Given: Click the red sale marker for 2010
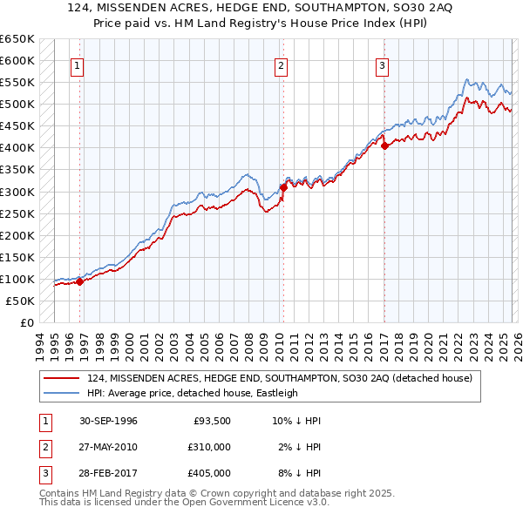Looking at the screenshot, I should [283, 186].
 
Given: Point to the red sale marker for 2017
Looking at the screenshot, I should [384, 145].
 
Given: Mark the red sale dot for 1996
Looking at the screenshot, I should [79, 281].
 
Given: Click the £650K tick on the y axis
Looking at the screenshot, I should [17, 39].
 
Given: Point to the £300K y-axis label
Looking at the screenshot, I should [17, 192].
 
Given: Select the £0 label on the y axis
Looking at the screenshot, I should [26, 322].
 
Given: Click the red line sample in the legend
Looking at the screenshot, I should [62, 379].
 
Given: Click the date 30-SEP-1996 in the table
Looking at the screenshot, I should [105, 421].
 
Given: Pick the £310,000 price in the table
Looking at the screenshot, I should [208, 447].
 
